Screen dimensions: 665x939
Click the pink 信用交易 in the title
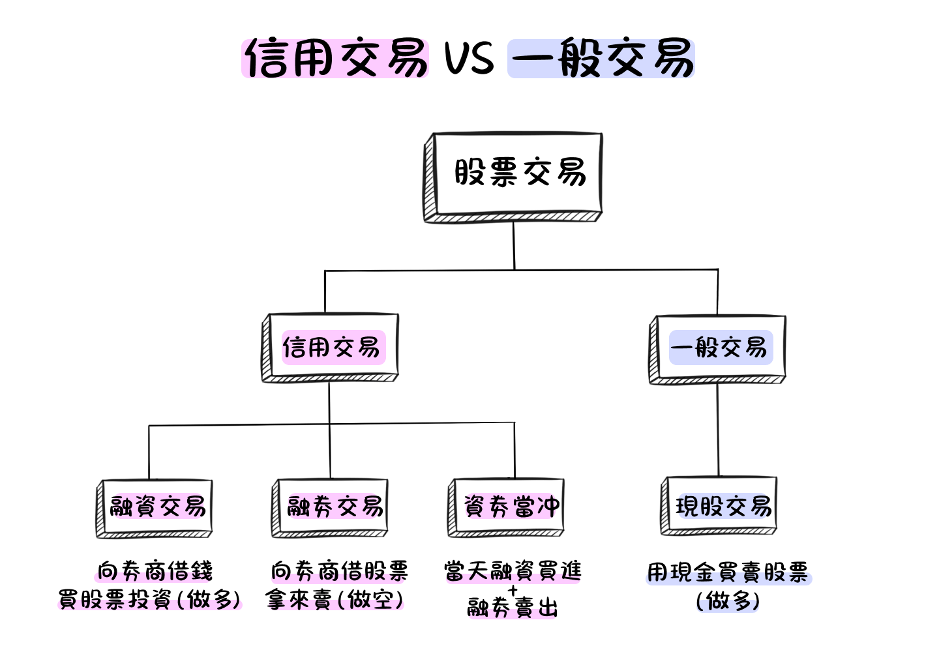[335, 59]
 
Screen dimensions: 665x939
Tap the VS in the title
[469, 59]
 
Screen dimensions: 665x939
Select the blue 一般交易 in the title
[601, 59]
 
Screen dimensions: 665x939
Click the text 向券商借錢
[155, 572]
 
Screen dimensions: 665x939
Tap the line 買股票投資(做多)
[150, 599]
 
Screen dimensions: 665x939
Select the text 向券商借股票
[339, 572]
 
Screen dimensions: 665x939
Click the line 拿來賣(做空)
[335, 599]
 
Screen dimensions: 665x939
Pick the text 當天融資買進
[513, 572]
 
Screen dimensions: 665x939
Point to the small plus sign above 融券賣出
[513, 591]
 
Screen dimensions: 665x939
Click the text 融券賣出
[513, 608]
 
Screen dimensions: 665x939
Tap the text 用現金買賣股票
[728, 573]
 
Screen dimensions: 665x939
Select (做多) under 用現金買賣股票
[728, 600]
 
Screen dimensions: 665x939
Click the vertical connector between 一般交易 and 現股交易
[718, 430]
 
